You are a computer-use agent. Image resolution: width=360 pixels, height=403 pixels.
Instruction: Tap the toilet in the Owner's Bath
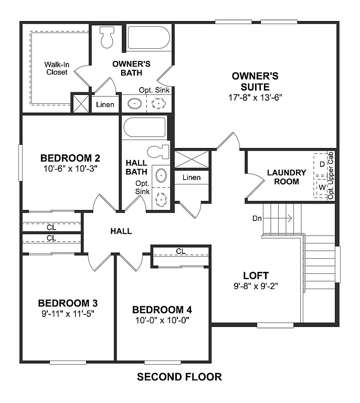[108, 36]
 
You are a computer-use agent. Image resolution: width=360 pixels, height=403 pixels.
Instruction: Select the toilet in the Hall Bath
[157, 152]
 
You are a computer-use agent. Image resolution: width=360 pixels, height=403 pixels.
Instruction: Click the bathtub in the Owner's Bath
[149, 38]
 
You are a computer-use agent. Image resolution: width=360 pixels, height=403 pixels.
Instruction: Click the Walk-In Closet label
[56, 68]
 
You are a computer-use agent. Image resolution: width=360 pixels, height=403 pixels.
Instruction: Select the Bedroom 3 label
[68, 303]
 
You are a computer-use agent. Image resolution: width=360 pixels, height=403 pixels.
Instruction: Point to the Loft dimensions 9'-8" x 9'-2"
[256, 287]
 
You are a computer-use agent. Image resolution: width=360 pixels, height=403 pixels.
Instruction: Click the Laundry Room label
[286, 177]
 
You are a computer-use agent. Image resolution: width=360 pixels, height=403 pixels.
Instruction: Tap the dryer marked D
[322, 164]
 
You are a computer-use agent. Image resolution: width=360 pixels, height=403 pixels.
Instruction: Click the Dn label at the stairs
[257, 218]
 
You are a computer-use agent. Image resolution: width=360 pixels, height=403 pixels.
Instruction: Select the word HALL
[121, 231]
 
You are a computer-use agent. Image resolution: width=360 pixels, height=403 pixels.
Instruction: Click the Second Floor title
[179, 376]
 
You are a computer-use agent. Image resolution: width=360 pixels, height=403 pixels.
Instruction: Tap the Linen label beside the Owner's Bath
[105, 104]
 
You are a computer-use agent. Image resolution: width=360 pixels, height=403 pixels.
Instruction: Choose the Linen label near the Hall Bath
[192, 177]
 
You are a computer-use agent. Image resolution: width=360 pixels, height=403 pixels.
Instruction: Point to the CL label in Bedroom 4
[181, 251]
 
